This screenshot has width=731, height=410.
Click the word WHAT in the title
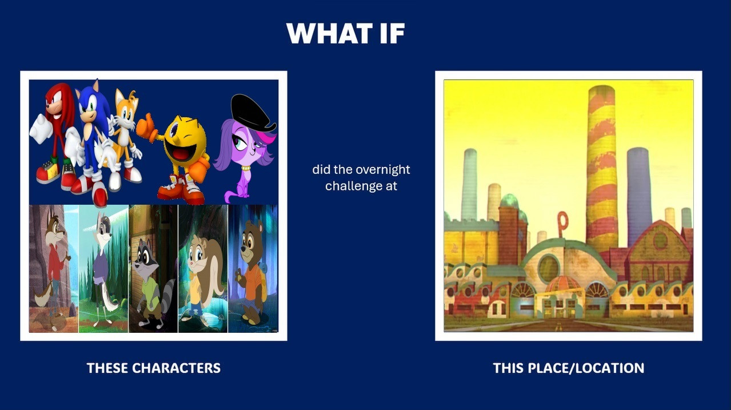(330, 33)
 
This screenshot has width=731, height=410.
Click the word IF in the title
(393, 33)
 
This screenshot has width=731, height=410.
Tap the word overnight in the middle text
(382, 170)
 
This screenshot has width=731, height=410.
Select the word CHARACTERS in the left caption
(176, 368)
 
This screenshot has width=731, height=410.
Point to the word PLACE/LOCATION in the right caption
(586, 368)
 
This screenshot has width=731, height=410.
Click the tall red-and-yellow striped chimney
(601, 166)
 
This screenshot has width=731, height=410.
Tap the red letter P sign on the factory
(562, 224)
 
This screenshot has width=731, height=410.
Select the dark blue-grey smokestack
(638, 196)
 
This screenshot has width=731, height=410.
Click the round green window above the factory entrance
(549, 268)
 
